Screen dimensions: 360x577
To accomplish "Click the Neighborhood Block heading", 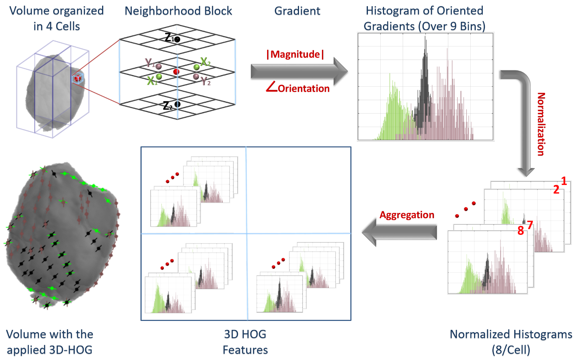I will (178, 11).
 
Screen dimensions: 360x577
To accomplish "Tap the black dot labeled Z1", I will (177, 39).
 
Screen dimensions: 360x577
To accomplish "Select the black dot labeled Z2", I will (177, 104).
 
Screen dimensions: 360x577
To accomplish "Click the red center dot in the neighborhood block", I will (176, 71).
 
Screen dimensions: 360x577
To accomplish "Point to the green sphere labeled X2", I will (196, 67).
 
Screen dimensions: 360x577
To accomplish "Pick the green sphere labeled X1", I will (159, 76).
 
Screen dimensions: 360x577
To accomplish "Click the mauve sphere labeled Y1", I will (159, 66).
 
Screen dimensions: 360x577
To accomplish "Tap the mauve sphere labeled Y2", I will (196, 76).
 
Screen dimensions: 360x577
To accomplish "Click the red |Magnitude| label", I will (295, 55).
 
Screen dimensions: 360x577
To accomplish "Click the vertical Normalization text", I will (541, 124).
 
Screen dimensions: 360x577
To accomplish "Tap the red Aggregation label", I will (407, 215).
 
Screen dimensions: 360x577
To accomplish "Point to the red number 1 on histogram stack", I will (564, 181).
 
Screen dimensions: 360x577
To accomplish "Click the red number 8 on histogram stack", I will (520, 231).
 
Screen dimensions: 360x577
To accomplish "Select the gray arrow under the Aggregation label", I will (399, 232).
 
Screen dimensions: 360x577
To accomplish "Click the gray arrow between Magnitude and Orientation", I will (298, 71).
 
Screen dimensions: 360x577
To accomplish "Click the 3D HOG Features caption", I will (245, 342).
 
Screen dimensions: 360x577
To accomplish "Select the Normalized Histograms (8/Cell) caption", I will (510, 342).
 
